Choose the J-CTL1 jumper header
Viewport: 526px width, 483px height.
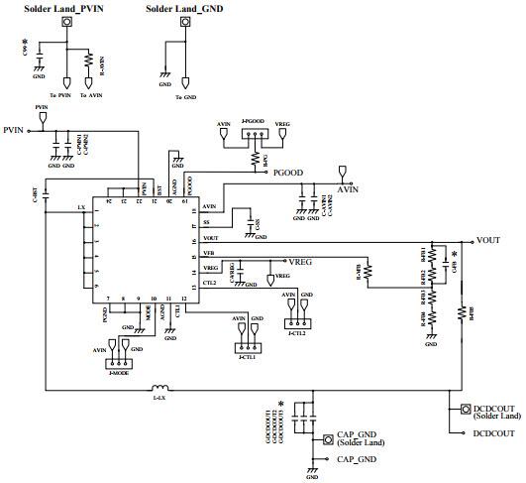tap(248, 346)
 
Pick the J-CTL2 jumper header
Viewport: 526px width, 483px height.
tap(297, 323)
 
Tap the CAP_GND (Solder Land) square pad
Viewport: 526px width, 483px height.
tap(327, 438)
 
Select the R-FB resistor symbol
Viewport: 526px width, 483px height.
tap(368, 270)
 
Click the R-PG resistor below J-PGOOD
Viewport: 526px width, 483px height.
tap(255, 158)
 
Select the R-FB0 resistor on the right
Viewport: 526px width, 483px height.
tap(462, 314)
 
